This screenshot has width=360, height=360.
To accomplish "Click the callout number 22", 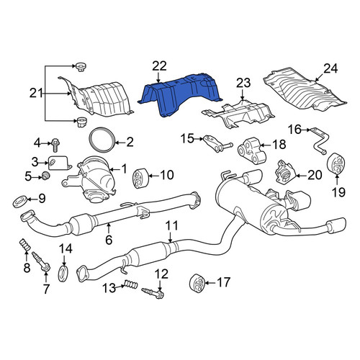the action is pyautogui.click(x=159, y=66).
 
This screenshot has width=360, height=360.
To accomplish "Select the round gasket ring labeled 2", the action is pyautogui.click(x=102, y=140).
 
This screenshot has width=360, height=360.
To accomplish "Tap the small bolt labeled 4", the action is pyautogui.click(x=55, y=145).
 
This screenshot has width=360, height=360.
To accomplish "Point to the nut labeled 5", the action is pyautogui.click(x=45, y=176).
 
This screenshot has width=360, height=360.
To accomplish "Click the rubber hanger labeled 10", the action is pyautogui.click(x=139, y=179).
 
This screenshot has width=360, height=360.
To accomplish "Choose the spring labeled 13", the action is pyautogui.click(x=131, y=285).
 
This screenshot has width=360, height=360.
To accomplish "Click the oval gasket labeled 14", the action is pyautogui.click(x=63, y=274).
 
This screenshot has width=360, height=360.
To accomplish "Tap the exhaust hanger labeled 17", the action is pyautogui.click(x=197, y=283).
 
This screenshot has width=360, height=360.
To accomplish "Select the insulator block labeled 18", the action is pyautogui.click(x=252, y=150).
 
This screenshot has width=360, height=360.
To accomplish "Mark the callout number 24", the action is pyautogui.click(x=330, y=69).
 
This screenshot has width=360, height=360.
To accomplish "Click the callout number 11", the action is pyautogui.click(x=172, y=225).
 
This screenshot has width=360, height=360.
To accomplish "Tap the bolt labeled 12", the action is pyautogui.click(x=153, y=293).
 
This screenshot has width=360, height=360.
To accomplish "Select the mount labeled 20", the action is pyautogui.click(x=285, y=173).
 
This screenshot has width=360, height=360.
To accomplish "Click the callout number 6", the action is pyautogui.click(x=109, y=240).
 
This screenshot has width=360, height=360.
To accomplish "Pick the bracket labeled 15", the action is pyautogui.click(x=218, y=144).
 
